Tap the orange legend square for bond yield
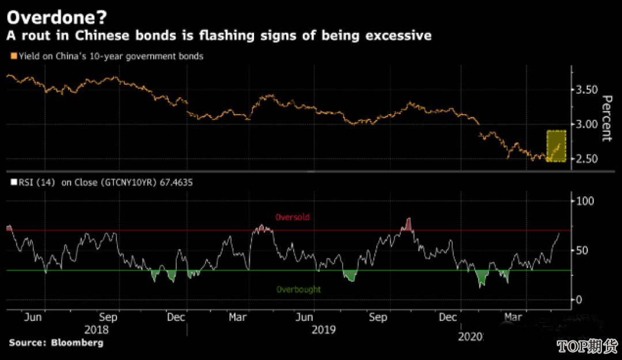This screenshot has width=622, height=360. (x=13, y=56)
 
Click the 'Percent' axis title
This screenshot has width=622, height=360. (x=606, y=118)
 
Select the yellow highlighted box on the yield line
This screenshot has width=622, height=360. (x=556, y=146)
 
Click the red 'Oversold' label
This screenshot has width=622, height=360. (x=293, y=218)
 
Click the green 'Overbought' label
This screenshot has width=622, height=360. (x=298, y=289)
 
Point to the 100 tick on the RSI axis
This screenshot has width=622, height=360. (x=585, y=201)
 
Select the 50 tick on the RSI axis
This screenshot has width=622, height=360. (x=582, y=251)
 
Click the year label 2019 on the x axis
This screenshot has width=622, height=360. (x=323, y=330)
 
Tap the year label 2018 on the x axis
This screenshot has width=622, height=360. (x=96, y=330)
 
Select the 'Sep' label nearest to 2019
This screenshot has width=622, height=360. (x=378, y=317)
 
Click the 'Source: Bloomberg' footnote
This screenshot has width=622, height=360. (x=56, y=343)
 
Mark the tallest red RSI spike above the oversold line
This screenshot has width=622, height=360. (x=409, y=222)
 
